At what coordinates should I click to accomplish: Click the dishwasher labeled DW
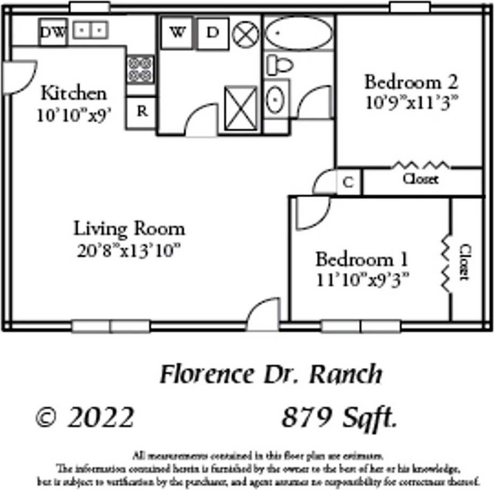point(52,33)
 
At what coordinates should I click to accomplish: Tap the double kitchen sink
point(90,30)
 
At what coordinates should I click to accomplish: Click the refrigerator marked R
point(142,111)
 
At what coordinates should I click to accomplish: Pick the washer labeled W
point(177,33)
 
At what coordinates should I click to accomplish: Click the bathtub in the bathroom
point(299,33)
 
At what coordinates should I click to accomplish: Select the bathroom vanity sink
point(276,99)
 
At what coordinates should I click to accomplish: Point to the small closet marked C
point(348,182)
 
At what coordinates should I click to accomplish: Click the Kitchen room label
point(74,93)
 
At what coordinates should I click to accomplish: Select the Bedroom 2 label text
point(411,82)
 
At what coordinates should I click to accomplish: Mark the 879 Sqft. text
point(339,418)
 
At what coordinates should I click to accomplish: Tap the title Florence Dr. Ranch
point(272,374)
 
